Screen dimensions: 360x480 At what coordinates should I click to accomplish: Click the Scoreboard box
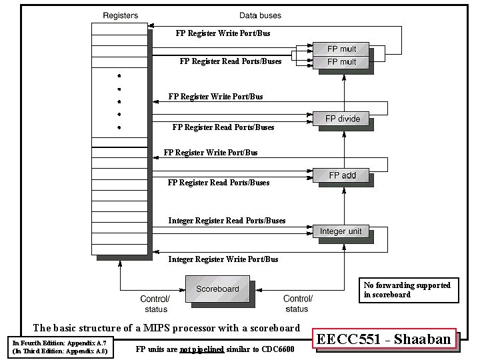pos(217,289)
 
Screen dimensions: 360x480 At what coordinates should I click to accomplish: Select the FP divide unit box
pos(342,119)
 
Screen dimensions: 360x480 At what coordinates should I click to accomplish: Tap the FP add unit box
pos(342,175)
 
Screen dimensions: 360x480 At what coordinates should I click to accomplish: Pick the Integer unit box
pos(341,231)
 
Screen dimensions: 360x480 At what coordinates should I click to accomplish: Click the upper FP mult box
pos(341,49)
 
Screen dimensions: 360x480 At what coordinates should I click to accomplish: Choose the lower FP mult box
pos(341,61)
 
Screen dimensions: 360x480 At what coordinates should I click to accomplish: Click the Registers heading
pos(121,15)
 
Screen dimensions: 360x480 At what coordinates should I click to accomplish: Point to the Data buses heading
pos(260,15)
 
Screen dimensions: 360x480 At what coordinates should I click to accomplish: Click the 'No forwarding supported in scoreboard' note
pos(407,289)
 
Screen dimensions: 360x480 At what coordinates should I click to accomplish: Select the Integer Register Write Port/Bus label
pos(223,259)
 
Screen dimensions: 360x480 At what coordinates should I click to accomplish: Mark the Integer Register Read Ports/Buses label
pos(227,221)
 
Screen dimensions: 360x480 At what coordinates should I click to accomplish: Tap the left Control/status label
pos(155,304)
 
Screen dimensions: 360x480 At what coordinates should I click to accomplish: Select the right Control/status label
pos(297,304)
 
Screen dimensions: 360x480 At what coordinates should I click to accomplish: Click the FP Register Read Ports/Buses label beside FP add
pos(219,182)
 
